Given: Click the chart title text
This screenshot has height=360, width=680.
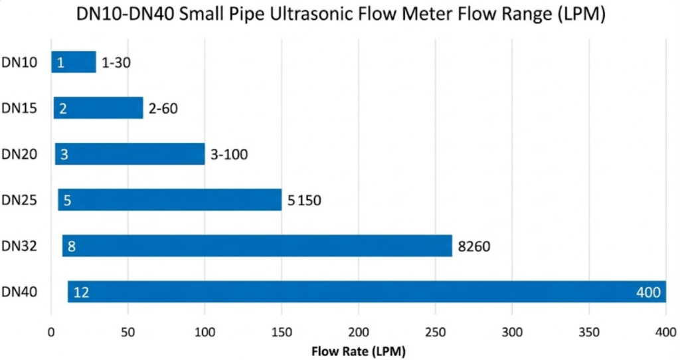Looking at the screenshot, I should click(340, 15).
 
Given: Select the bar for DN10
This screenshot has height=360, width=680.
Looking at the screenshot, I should click(74, 62).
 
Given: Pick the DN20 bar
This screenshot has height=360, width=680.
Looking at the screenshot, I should click(129, 154).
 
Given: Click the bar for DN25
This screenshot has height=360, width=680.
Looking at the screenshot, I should click(169, 200).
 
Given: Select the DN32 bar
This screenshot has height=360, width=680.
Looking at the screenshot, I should click(257, 246).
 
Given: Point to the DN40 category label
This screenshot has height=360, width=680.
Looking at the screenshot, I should click(19, 292).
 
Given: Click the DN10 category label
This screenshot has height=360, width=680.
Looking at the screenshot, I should click(19, 63).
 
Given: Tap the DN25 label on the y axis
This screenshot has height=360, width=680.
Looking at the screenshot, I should click(19, 201).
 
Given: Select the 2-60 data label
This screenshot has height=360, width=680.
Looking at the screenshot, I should click(164, 109).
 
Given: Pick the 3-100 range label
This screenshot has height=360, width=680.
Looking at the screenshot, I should click(229, 155).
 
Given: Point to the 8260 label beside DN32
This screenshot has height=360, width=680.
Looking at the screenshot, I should click(474, 247).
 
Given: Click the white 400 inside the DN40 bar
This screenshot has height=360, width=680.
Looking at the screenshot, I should click(647, 292).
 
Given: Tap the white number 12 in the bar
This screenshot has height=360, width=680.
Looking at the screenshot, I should click(82, 292).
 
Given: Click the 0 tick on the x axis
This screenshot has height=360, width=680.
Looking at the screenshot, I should click(51, 331).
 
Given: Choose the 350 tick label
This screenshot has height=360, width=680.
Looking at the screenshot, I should click(588, 331).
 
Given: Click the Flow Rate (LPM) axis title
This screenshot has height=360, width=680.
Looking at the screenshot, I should click(359, 349).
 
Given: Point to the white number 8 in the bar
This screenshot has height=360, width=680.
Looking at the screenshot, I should click(71, 247).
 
